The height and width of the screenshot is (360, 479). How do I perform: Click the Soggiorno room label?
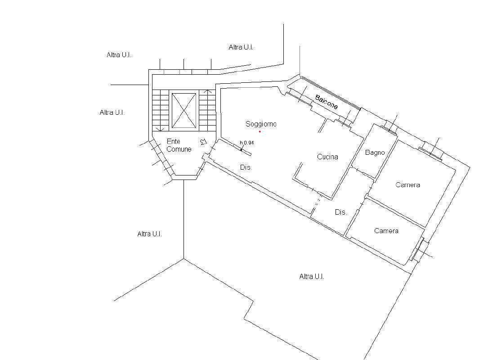click(x=261, y=124)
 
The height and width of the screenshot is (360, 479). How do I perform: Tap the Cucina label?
click(x=327, y=157)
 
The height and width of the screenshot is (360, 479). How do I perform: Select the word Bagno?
click(x=375, y=153)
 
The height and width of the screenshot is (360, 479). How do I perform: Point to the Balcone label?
click(x=327, y=103)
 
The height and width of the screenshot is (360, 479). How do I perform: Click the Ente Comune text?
click(x=179, y=145)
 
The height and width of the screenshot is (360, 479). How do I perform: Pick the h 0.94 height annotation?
click(x=247, y=143)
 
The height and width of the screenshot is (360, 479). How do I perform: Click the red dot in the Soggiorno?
click(x=260, y=132)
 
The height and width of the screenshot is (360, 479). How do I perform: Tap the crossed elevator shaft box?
click(x=184, y=110)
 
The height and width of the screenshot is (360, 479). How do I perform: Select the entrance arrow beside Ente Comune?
click(x=203, y=142)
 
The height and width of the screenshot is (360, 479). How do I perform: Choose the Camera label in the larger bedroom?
click(x=407, y=185)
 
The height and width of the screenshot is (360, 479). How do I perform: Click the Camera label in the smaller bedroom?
click(x=386, y=231)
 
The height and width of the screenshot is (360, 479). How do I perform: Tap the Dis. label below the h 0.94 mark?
click(x=246, y=167)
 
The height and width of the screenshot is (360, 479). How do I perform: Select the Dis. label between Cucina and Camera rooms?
click(x=341, y=212)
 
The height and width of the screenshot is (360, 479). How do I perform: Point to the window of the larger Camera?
click(x=431, y=152)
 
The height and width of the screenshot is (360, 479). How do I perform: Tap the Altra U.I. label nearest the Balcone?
click(x=241, y=47)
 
